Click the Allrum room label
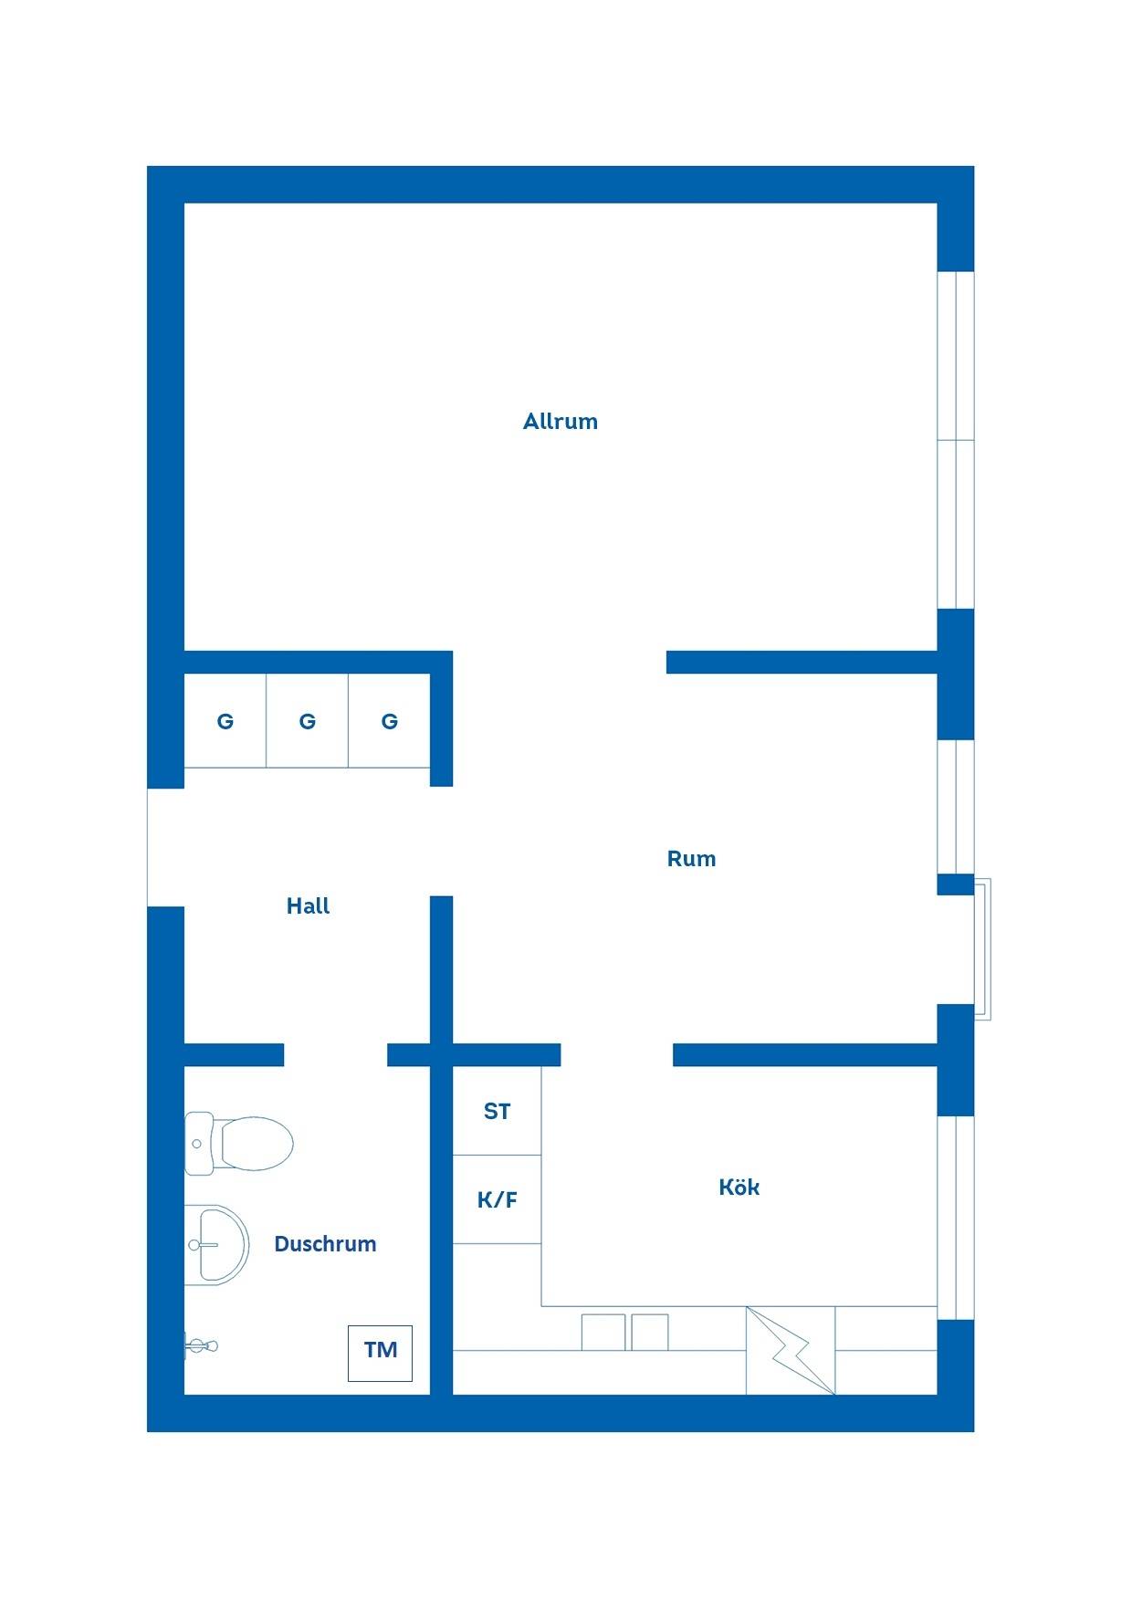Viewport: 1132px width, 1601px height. point(560,422)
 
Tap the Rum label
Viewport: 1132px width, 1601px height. point(691,859)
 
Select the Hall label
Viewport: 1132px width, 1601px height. point(308,906)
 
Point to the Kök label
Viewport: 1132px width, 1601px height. point(739,1187)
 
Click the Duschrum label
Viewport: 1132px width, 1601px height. point(325,1244)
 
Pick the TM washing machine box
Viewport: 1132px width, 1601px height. point(380,1353)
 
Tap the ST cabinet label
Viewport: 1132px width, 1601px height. point(497,1112)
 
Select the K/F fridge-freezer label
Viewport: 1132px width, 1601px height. point(497,1199)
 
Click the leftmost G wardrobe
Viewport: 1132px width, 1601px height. point(225,721)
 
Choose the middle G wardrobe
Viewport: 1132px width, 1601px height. point(308,721)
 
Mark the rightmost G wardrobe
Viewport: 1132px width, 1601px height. point(389,721)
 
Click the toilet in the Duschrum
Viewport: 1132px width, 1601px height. point(239,1143)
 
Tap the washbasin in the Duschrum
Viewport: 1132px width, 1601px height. point(216,1244)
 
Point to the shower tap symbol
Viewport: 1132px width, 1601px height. point(201,1345)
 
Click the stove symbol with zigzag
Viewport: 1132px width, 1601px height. point(791,1351)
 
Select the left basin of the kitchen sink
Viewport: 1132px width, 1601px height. point(603,1333)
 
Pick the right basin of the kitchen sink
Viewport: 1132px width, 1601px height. point(650,1333)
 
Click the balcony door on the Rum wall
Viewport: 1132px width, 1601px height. point(981,949)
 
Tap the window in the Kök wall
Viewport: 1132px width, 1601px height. point(956,1218)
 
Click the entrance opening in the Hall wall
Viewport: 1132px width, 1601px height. point(165,847)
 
